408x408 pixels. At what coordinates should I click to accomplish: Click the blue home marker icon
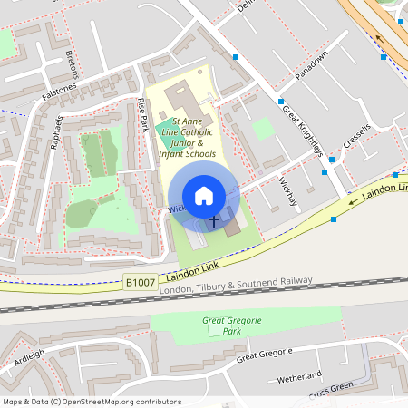tap(204, 196)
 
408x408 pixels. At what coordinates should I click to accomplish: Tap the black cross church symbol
tap(215, 220)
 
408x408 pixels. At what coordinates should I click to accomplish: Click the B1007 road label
tap(140, 283)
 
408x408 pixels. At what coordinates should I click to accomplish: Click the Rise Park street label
tap(142, 115)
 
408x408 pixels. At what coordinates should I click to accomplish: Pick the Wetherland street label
tap(300, 375)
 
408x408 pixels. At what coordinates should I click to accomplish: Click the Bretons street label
tap(72, 63)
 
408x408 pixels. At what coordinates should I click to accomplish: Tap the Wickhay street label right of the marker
tap(287, 189)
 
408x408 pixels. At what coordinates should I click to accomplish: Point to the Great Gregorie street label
tap(265, 355)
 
